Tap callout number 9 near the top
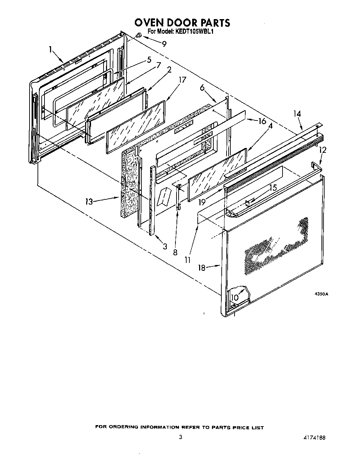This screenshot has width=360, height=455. [x=164, y=44]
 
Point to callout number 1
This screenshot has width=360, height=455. [x=51, y=49]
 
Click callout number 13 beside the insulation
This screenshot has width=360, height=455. [x=89, y=201]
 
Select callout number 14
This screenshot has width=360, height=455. [x=297, y=114]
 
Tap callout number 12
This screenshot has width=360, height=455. [x=323, y=150]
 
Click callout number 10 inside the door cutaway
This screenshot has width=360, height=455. [x=235, y=297]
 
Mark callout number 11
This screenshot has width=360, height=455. [x=188, y=259]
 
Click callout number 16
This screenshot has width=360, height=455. [x=262, y=121]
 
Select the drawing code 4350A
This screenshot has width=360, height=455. [x=321, y=294]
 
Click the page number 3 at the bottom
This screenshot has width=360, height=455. [x=180, y=438]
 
